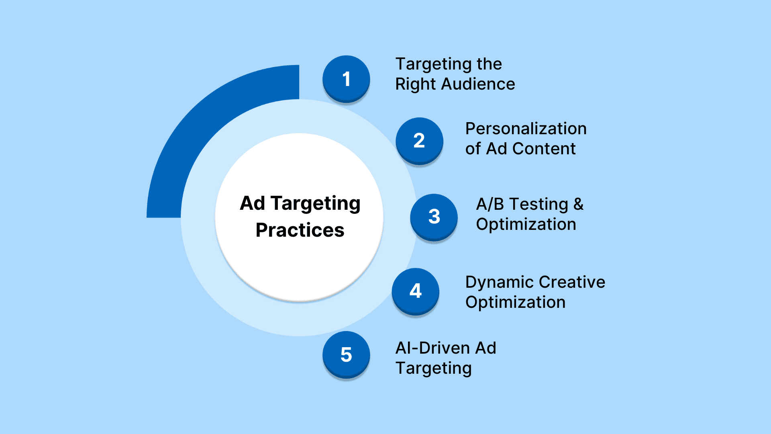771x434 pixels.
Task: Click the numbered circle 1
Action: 346,79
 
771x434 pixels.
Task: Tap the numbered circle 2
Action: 419,141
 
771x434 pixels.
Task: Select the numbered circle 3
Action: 434,217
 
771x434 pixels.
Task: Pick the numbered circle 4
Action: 416,292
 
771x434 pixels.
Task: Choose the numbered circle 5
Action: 346,355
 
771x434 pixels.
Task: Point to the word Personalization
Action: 526,129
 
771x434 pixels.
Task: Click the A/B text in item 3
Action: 490,204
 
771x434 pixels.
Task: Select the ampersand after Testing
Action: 578,204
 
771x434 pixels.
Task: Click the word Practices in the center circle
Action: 300,230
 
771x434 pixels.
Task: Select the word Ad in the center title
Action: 253,203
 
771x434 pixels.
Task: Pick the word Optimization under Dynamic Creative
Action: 516,302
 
